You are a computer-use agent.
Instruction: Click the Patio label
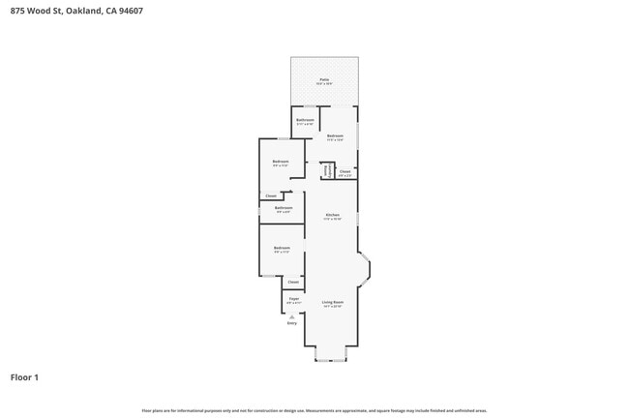point(324,79)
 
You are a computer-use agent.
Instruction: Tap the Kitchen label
point(332,214)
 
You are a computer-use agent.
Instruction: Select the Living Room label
point(333,302)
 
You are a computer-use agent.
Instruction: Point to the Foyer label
point(293,299)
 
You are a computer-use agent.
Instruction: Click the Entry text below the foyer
point(292,323)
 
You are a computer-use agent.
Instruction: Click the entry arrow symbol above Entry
point(292,315)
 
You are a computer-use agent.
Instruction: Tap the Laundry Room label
point(327,170)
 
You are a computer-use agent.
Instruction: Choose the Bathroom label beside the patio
point(305,120)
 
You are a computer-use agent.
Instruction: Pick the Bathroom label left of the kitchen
point(284,207)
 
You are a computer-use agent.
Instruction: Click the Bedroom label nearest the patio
point(336,135)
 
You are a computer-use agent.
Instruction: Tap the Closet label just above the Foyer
point(293,282)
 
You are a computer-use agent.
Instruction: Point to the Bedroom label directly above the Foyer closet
point(281,249)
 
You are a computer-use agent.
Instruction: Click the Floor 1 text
point(24,377)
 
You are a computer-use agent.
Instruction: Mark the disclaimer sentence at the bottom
point(314,410)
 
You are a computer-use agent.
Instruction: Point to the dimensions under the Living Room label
point(333,307)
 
